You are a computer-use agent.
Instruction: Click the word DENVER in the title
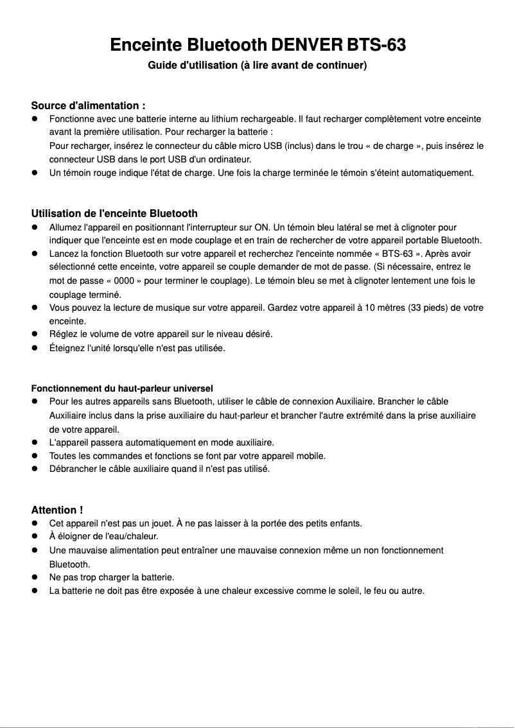click(306, 46)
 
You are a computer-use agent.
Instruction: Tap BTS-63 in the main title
click(376, 46)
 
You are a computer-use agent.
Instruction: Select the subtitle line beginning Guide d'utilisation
click(257, 65)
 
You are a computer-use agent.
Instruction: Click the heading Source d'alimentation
click(88, 105)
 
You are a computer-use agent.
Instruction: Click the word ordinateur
click(227, 159)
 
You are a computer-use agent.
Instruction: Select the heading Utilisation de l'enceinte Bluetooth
click(114, 213)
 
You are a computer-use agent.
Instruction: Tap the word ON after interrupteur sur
click(261, 227)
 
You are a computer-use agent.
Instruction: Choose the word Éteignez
click(67, 348)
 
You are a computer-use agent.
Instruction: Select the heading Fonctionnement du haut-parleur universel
click(122, 388)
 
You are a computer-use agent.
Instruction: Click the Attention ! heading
click(57, 510)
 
